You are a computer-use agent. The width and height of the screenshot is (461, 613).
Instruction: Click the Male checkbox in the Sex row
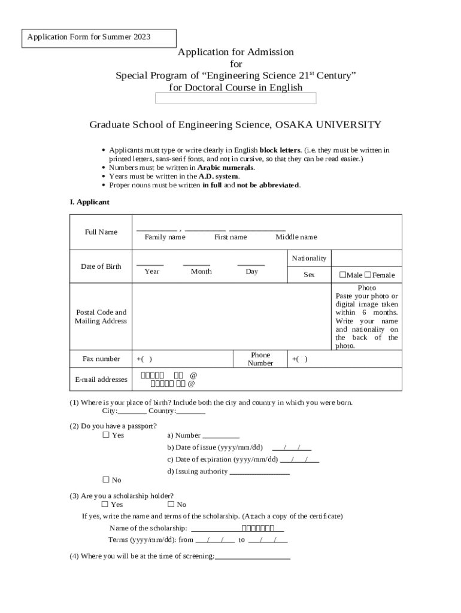[x=343, y=275]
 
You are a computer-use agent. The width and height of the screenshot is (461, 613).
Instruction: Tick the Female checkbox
[x=368, y=275]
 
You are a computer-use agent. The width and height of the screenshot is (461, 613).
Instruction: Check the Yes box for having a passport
[x=106, y=435]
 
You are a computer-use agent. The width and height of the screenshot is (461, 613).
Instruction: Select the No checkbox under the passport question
[x=106, y=480]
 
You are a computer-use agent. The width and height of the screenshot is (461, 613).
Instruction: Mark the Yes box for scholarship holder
[x=106, y=504]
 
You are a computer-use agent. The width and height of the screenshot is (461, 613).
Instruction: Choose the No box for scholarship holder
[x=171, y=504]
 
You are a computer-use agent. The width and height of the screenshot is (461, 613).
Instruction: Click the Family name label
[x=165, y=237]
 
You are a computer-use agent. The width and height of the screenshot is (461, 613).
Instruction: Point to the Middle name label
[x=296, y=237]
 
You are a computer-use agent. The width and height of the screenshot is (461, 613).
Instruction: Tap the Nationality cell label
[x=309, y=258]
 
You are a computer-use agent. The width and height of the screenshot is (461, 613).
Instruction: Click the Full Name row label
[x=101, y=232]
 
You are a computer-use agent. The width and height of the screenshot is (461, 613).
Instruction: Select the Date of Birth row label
[x=101, y=266]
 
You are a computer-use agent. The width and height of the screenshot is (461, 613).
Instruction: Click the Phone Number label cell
[x=260, y=359]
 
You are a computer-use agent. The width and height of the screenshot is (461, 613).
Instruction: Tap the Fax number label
[x=101, y=359]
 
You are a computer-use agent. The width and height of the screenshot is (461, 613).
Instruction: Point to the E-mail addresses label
[x=101, y=380]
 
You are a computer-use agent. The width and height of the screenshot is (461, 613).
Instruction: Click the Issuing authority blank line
[x=260, y=473]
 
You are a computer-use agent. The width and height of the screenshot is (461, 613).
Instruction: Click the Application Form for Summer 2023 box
[x=99, y=38]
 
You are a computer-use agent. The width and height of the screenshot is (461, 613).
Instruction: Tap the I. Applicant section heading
[x=89, y=202]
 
